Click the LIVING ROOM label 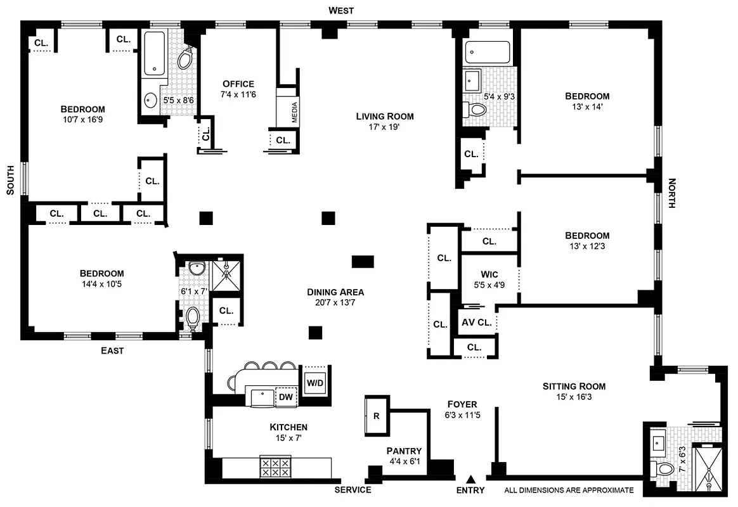coord(384,116)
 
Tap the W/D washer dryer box coord(314,382)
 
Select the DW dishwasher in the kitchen coord(286,397)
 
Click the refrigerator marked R coord(376,416)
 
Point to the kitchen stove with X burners coord(276,468)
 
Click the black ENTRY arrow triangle coord(470,479)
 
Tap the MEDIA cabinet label coord(294,112)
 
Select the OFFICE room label coord(238,84)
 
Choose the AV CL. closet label coord(476,322)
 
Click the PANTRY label coord(404,451)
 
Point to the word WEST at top coord(341,10)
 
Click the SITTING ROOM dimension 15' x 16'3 coord(574,397)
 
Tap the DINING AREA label coord(335,292)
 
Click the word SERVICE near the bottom coord(353,490)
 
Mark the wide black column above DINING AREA coord(363,261)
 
